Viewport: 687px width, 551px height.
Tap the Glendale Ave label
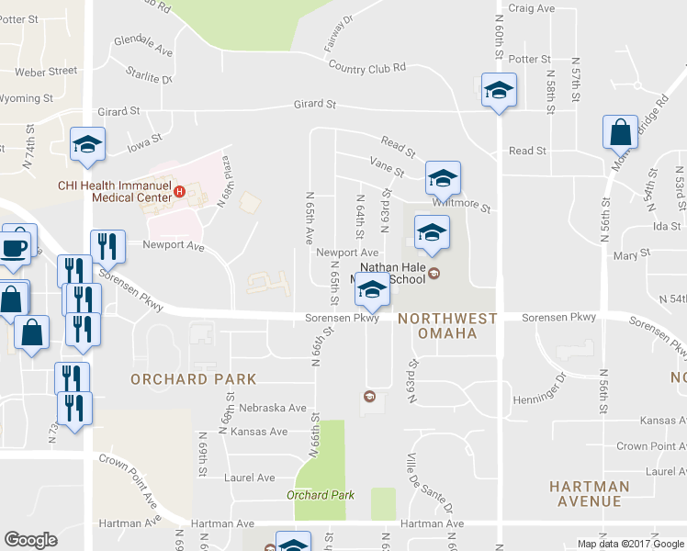click(143, 45)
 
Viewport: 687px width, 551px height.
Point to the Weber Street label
click(45, 71)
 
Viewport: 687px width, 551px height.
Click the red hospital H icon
click(180, 192)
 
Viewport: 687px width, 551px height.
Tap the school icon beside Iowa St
click(88, 145)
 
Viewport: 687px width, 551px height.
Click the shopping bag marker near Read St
click(621, 133)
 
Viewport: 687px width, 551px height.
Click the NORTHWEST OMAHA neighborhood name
click(448, 325)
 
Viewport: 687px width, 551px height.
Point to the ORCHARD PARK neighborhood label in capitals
click(193, 378)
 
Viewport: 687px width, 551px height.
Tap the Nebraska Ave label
click(272, 408)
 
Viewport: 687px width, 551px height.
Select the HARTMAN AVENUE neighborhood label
click(589, 493)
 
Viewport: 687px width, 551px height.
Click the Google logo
click(30, 539)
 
